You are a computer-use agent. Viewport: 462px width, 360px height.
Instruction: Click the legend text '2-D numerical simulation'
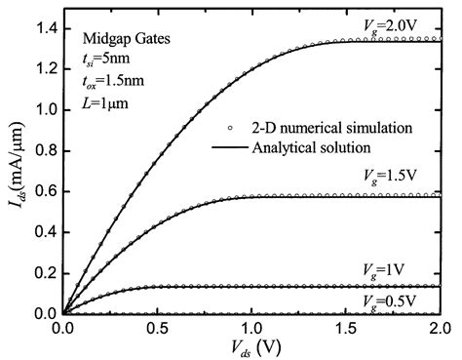pyautogui.click(x=313, y=127)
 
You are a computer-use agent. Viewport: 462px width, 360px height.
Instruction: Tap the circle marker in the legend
pyautogui.click(x=223, y=127)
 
